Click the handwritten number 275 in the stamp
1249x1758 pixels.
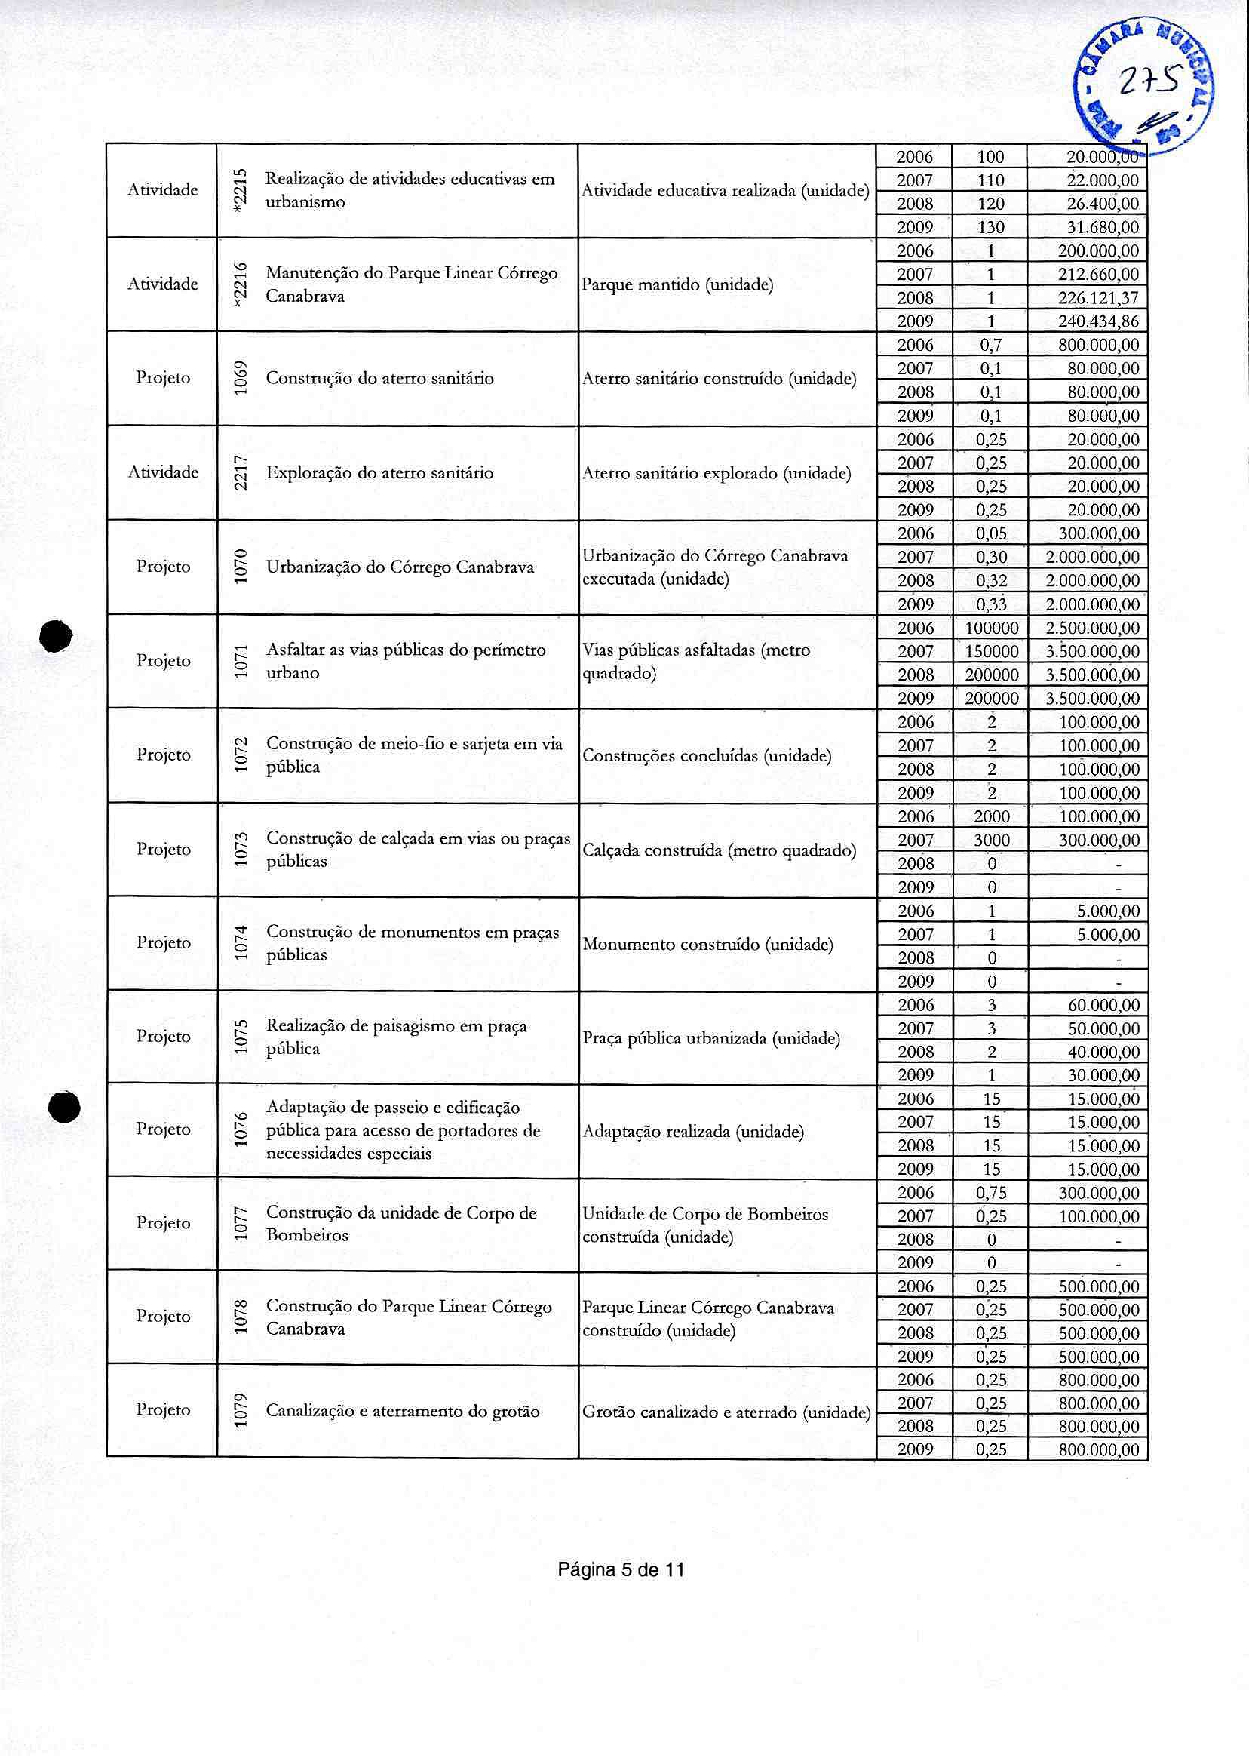point(1146,80)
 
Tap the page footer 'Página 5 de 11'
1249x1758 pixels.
point(621,1569)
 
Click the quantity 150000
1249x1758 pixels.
point(991,652)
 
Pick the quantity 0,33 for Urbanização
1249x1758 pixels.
point(991,604)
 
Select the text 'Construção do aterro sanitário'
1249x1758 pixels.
point(380,379)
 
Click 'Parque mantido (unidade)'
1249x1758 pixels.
point(677,284)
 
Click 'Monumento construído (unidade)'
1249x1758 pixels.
point(707,944)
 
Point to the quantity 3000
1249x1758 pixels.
point(991,841)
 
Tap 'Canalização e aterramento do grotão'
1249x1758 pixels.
point(402,1411)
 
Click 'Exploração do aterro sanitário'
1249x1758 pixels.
point(380,472)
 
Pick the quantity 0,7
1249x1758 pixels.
point(991,345)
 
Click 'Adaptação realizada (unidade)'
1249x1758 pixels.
point(693,1132)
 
